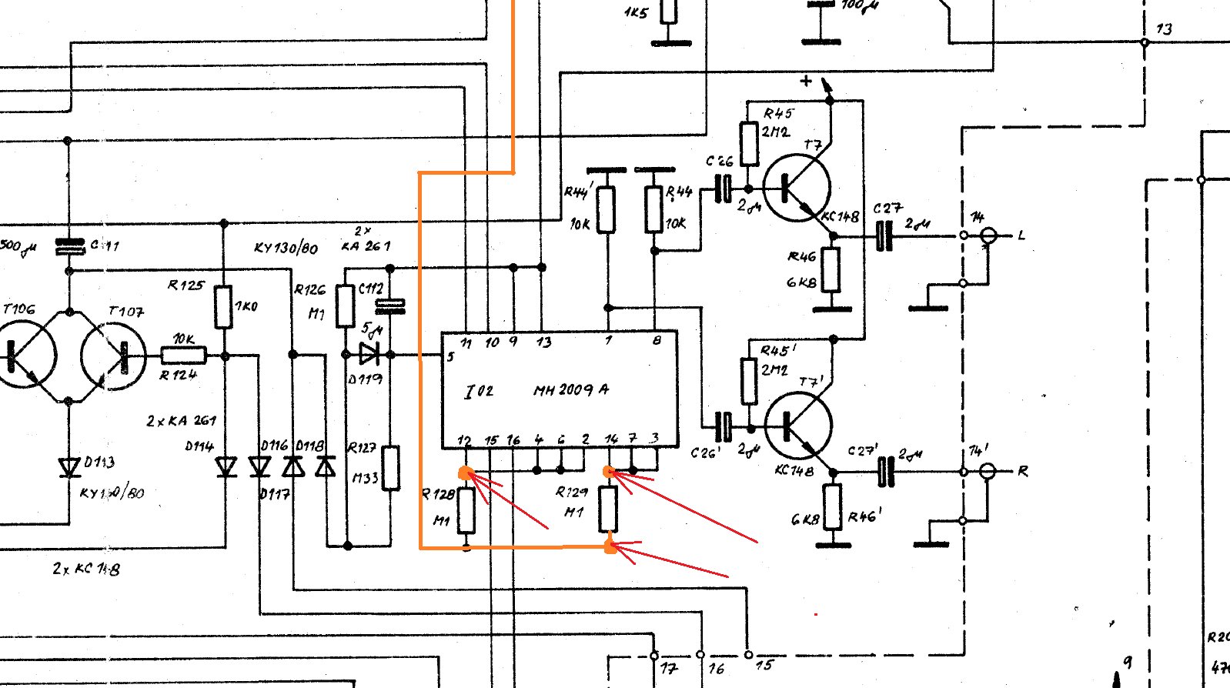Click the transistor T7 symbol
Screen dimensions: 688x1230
click(797, 187)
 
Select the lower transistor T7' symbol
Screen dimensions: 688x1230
click(799, 423)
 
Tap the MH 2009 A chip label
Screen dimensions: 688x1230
click(570, 389)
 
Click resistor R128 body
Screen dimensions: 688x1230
click(466, 510)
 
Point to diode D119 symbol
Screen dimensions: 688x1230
click(369, 354)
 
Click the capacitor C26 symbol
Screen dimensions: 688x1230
click(723, 188)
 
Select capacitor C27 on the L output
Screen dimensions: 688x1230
click(884, 235)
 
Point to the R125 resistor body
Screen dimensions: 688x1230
click(223, 307)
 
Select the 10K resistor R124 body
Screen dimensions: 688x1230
click(183, 356)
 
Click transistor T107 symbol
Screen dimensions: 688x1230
click(114, 356)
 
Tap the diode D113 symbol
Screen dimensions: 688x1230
click(69, 466)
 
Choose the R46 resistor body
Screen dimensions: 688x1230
click(831, 269)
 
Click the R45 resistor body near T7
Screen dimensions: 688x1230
click(749, 142)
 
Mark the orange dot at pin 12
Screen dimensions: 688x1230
click(465, 473)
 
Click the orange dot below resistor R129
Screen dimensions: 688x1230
click(610, 547)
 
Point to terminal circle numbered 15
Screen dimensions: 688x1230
click(748, 654)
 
